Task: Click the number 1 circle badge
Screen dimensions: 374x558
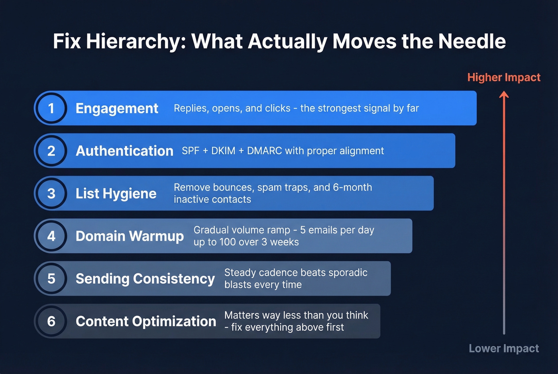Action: point(51,108)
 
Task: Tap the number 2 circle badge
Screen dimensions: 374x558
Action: point(51,151)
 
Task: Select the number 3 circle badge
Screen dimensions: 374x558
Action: point(51,194)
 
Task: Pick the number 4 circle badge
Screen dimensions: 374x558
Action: point(51,236)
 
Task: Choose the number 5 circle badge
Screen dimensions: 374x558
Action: point(51,279)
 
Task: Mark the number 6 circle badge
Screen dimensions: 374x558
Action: point(51,321)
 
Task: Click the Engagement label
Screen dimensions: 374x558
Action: point(117,108)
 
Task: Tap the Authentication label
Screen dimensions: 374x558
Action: point(124,151)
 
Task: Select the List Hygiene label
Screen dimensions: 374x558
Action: point(116,194)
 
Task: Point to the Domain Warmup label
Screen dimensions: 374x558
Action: point(130,236)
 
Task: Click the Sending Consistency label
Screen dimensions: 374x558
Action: point(145,279)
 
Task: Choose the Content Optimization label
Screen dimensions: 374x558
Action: point(146,321)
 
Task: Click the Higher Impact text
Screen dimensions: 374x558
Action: point(504,77)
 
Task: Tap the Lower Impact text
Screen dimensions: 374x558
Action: point(504,349)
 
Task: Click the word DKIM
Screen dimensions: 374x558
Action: point(223,151)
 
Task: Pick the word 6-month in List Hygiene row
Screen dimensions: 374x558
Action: point(352,187)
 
